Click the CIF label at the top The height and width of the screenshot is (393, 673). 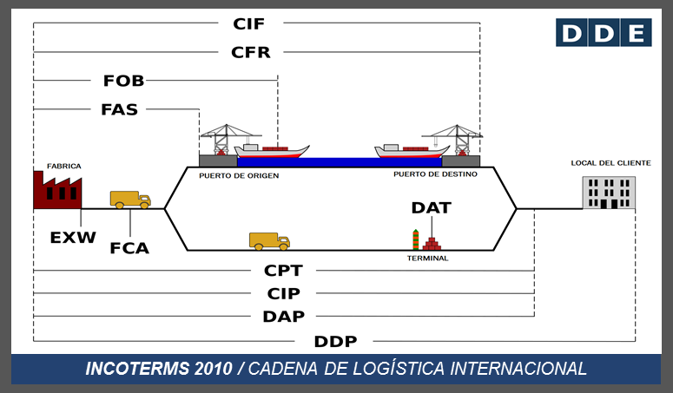tap(249, 23)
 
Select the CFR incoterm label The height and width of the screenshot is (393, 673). tap(251, 52)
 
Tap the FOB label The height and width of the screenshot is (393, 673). tap(123, 81)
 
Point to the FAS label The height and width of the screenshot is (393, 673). tap(119, 109)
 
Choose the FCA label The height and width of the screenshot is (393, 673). tap(129, 248)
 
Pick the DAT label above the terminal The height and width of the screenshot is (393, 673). tap(432, 208)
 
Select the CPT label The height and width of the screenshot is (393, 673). tap(284, 271)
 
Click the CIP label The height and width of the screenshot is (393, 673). tap(284, 293)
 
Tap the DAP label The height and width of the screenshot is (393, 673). tap(284, 317)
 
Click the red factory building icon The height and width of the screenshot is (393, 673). tap(56, 189)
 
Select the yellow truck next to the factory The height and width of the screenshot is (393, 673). tap(130, 200)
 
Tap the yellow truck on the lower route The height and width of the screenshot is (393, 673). tap(269, 241)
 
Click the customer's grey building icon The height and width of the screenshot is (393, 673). tap(609, 192)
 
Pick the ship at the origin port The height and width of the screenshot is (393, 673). tap(273, 151)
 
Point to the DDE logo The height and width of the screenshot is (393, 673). tap(604, 33)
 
